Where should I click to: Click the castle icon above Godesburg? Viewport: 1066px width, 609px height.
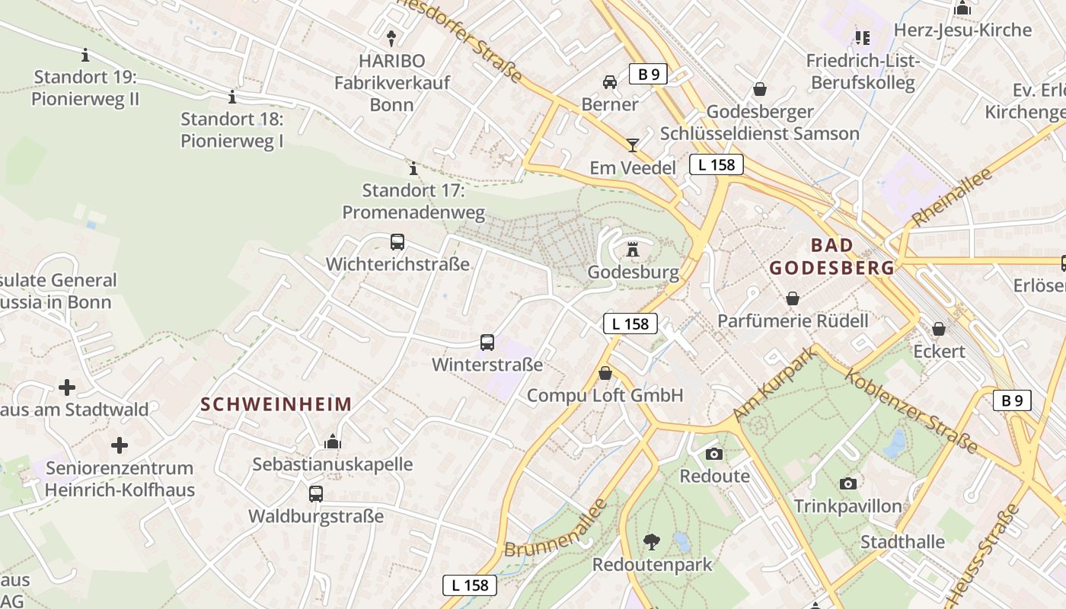[632, 249]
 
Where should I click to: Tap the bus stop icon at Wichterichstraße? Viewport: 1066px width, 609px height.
[397, 242]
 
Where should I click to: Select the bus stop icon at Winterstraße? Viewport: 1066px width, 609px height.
[487, 343]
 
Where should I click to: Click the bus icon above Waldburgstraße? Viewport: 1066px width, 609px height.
[316, 493]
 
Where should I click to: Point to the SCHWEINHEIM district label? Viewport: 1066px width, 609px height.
[276, 404]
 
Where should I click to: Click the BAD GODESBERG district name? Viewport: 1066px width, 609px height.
[831, 257]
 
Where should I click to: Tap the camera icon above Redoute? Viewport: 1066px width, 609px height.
[714, 454]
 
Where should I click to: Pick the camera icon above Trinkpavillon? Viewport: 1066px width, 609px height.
[848, 483]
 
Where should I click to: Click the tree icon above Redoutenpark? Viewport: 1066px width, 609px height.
[652, 542]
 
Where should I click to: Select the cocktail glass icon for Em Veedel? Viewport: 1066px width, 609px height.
[633, 145]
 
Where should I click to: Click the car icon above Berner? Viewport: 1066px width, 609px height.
[610, 81]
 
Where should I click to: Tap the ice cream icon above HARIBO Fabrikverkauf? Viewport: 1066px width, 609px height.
[391, 37]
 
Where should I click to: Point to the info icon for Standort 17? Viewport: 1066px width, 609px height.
[413, 167]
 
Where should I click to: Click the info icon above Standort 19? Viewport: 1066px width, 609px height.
[85, 55]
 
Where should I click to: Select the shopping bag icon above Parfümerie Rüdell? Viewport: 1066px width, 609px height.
[793, 298]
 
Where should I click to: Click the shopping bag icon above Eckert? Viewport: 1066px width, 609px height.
[939, 328]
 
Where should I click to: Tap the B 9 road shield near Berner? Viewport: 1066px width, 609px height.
[648, 74]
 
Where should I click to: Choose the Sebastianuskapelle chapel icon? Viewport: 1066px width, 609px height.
[333, 442]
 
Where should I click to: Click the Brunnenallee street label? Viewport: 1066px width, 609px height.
[556, 528]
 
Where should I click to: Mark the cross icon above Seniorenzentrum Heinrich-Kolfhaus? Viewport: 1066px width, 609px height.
[120, 445]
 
